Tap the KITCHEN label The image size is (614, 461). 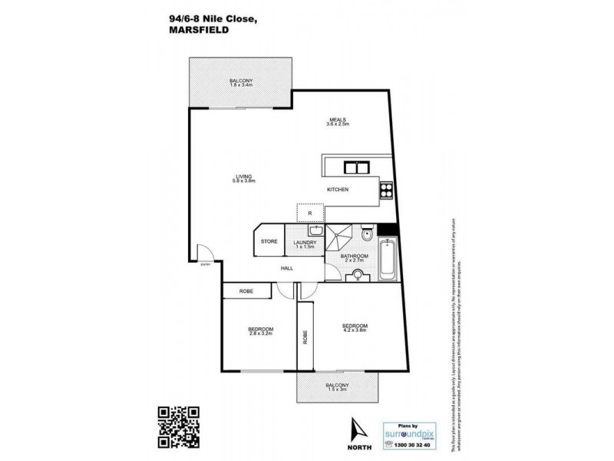(x=338, y=189)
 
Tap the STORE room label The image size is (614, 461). (x=269, y=242)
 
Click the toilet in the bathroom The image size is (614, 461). (x=368, y=234)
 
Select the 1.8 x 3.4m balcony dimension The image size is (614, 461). (x=240, y=86)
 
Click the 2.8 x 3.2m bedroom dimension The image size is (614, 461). (x=262, y=333)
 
